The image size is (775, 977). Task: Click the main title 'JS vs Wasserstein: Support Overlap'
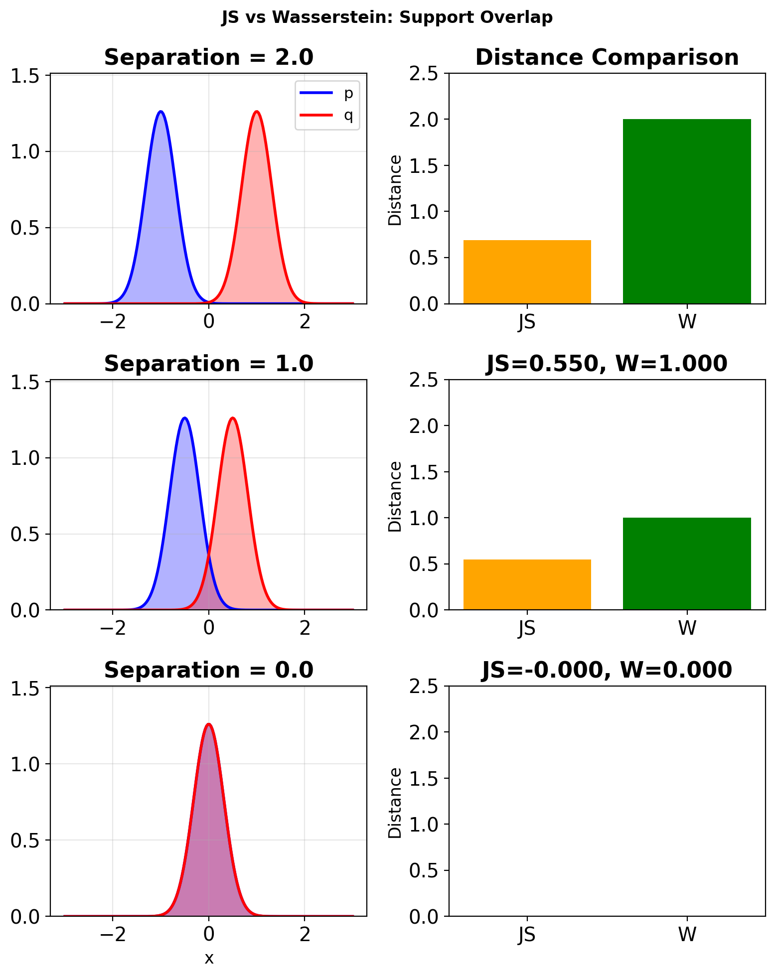click(x=387, y=18)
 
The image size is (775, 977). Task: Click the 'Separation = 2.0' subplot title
click(x=208, y=57)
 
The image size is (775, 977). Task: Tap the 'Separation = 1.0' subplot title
click(x=208, y=364)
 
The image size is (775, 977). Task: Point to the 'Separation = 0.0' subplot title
click(x=208, y=670)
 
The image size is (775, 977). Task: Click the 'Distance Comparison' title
click(x=607, y=57)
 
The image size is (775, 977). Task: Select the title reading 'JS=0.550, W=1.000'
click(x=607, y=364)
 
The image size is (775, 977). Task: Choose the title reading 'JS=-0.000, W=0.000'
click(x=607, y=670)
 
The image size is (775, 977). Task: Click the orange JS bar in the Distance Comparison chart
click(x=527, y=272)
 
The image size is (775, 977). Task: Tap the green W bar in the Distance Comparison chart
click(x=687, y=212)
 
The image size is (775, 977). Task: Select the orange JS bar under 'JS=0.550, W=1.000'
click(x=527, y=585)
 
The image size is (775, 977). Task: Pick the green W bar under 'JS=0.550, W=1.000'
click(x=687, y=564)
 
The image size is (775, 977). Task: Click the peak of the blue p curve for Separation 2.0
click(x=160, y=112)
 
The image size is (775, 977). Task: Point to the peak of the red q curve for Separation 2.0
click(x=257, y=112)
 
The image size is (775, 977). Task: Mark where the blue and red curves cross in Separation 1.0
click(x=209, y=554)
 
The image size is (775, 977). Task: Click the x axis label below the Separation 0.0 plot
click(x=209, y=958)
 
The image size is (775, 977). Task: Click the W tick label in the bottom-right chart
click(x=687, y=935)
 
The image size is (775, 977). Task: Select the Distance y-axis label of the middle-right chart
click(x=395, y=496)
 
